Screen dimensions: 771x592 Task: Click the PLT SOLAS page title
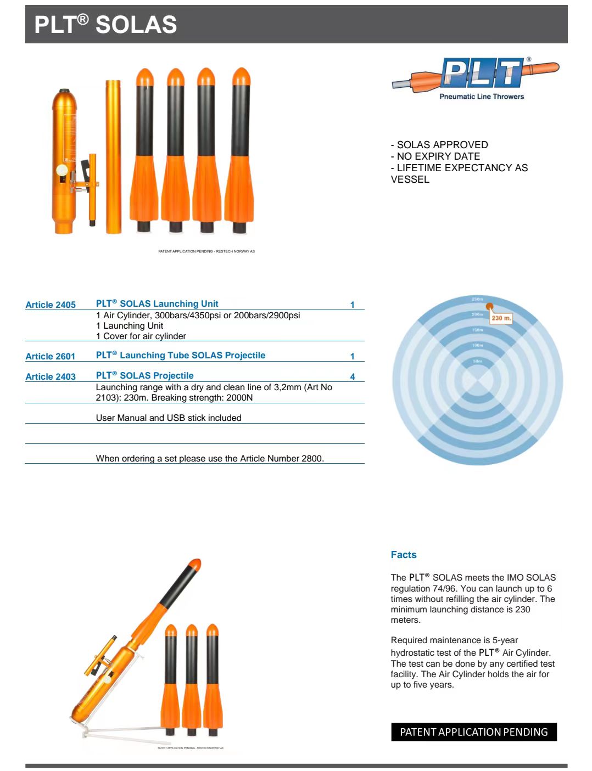105,25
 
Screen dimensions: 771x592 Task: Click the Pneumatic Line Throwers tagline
482,97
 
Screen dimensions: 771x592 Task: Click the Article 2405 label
51,305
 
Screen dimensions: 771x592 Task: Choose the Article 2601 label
51,356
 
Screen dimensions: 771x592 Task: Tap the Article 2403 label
51,376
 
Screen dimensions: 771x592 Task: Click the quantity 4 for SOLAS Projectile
353,376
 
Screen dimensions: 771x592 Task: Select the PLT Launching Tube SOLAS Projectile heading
181,356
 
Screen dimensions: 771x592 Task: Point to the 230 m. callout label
501,318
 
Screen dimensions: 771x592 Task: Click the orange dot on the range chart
489,307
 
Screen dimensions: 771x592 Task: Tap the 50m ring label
478,361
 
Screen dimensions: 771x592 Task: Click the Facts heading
404,555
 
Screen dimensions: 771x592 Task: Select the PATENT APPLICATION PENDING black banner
474,732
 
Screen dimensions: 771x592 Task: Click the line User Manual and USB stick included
169,418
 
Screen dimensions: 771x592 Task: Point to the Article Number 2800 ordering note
210,458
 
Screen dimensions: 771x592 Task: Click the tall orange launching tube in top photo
113,156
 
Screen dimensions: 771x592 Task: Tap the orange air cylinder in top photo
63,162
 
